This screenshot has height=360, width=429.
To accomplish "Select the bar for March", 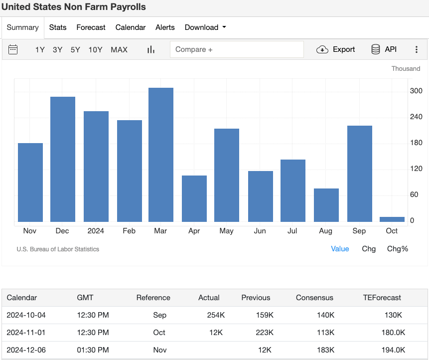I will point(161,155).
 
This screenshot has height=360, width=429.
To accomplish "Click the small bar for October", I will point(392,219).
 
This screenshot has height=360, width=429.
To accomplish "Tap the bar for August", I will point(326,205).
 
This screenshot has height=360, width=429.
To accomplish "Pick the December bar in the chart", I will point(63,159).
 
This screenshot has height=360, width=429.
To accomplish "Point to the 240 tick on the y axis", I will point(416,117).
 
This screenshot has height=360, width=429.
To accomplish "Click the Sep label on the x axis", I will point(359,231).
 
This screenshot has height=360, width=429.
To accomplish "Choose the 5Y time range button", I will point(75,49).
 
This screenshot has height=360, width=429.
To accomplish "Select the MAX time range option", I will point(119,49).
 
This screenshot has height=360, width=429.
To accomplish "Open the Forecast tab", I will point(91,27).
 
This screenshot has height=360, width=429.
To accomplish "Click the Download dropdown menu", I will point(205,27).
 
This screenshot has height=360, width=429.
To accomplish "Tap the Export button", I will point(336,49).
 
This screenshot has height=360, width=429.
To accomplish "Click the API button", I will point(384,49).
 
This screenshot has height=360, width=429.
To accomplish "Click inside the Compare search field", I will point(237,49).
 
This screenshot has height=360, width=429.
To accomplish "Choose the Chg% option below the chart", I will point(398,248).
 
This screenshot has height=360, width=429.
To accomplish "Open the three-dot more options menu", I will point(417,49).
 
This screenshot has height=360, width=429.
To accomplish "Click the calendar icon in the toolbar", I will point(13,49).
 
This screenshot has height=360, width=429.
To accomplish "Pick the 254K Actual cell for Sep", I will point(216,315).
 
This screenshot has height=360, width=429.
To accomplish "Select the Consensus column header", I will point(314,298).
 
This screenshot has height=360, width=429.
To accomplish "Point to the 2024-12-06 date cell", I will point(26,350).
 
